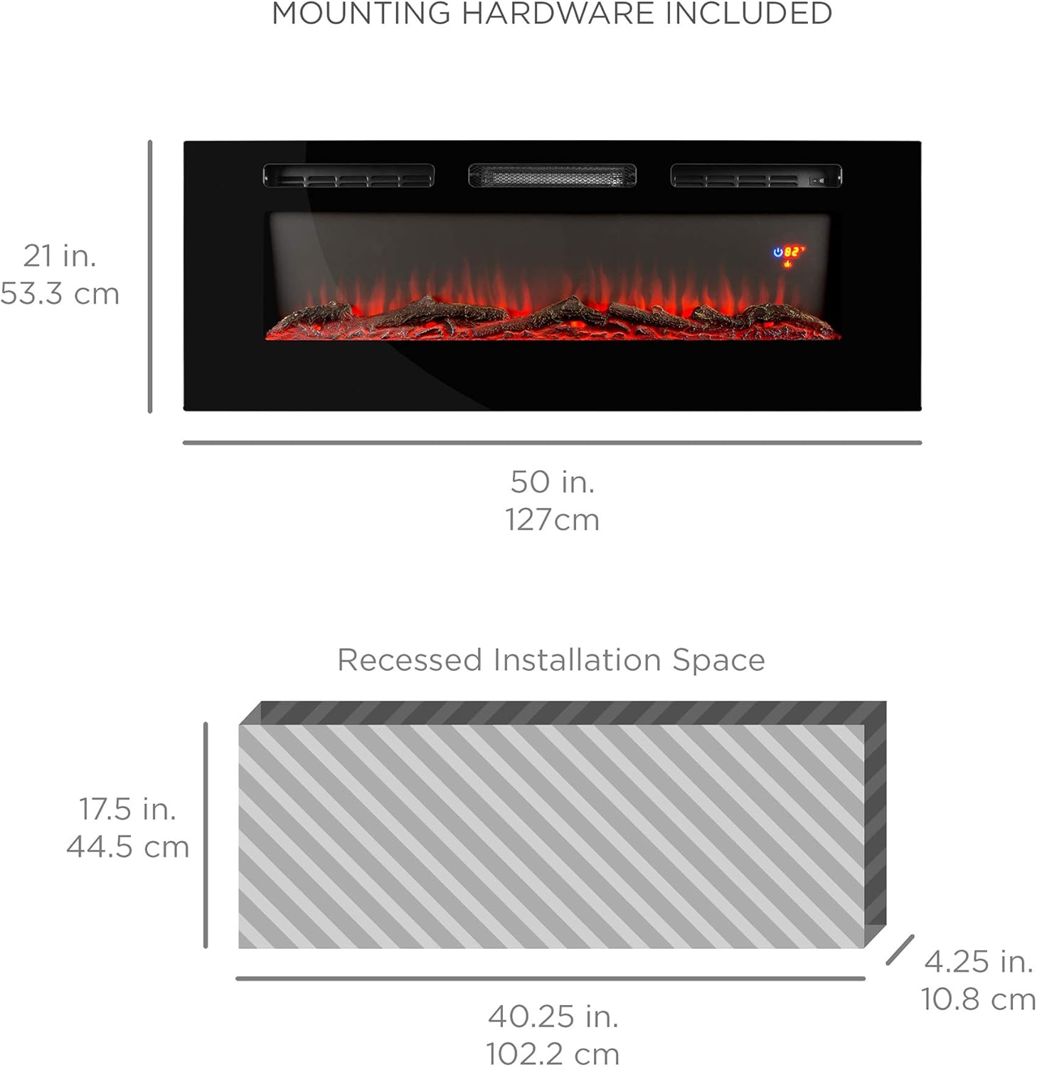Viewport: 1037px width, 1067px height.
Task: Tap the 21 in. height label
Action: [x=60, y=256]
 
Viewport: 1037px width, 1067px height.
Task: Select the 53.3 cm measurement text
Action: [x=60, y=294]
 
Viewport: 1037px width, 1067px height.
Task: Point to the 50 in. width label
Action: [x=553, y=482]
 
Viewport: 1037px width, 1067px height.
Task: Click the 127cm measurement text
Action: [x=553, y=520]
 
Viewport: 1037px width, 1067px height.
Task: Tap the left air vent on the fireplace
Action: [x=349, y=176]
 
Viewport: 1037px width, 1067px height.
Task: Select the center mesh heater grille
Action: [x=553, y=176]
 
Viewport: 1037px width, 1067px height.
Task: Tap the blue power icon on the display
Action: [x=778, y=252]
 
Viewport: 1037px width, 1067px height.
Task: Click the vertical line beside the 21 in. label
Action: [x=150, y=277]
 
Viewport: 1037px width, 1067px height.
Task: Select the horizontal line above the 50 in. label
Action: [x=553, y=442]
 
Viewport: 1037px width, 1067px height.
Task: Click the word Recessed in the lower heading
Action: [x=409, y=660]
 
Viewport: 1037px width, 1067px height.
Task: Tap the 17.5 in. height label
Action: [x=127, y=809]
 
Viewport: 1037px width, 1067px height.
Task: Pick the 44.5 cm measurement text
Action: [x=127, y=847]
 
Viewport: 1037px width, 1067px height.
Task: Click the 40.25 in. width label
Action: [x=553, y=1016]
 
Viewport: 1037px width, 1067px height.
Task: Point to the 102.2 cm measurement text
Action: [x=553, y=1053]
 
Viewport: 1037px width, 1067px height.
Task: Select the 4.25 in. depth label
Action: [x=979, y=962]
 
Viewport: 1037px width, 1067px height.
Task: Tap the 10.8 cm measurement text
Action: [x=979, y=999]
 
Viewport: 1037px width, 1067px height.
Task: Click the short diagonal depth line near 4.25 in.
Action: [x=900, y=950]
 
